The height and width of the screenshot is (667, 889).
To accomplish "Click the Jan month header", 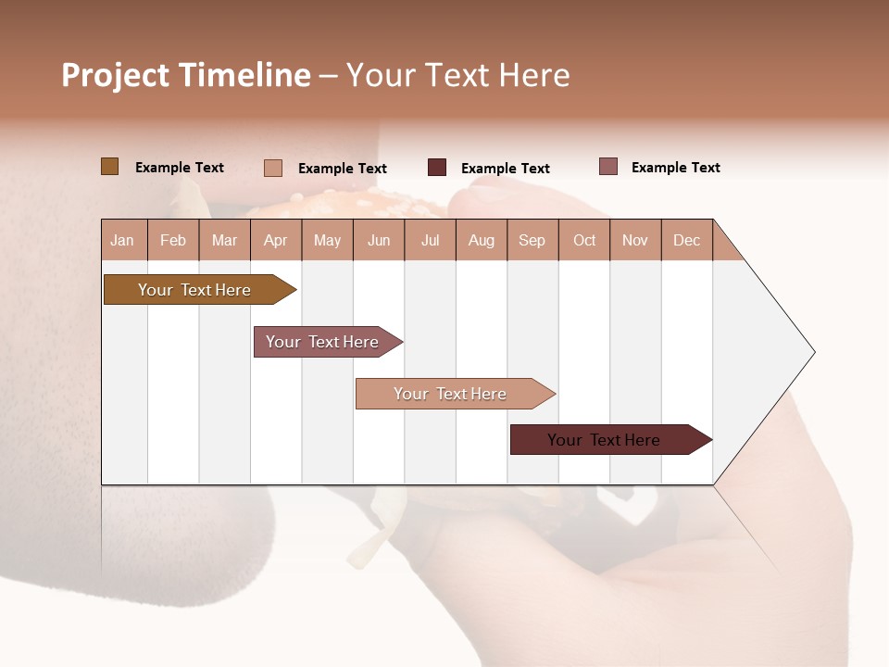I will click(x=123, y=240).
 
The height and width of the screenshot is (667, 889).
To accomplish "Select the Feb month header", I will click(x=173, y=240).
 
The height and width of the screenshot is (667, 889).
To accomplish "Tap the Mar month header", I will click(x=224, y=240).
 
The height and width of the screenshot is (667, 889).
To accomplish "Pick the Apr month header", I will click(x=276, y=240).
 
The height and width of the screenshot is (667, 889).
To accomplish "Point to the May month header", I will click(x=327, y=240).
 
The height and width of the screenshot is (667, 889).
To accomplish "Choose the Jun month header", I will click(x=379, y=240).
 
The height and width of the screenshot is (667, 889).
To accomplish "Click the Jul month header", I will click(x=430, y=240).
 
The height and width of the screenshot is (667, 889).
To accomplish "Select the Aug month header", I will click(x=482, y=240).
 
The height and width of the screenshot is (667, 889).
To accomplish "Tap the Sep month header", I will click(x=532, y=240).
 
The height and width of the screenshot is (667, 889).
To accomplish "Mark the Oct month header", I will click(x=584, y=240).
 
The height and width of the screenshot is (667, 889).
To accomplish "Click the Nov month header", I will click(x=635, y=240).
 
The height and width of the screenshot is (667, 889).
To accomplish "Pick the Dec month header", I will click(x=686, y=240).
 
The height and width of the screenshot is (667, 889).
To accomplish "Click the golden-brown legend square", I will click(x=110, y=167).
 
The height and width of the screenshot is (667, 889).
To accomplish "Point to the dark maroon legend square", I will click(x=437, y=168).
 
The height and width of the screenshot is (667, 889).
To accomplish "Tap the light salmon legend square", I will click(x=273, y=168).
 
